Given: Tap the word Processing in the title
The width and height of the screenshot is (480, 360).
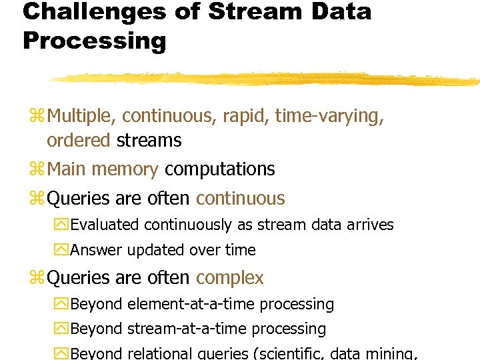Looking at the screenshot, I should (94, 41).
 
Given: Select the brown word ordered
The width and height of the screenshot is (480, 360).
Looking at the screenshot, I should (79, 141).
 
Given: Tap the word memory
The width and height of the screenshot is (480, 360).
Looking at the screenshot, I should (126, 169).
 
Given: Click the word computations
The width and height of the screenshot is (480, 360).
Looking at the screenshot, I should (219, 169).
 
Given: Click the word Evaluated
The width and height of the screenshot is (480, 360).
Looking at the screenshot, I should (105, 225).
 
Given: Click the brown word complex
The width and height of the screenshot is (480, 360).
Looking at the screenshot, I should (230, 277).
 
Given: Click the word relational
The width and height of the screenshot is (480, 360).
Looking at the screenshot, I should (162, 354).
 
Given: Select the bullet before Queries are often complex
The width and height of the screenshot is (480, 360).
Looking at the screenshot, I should (37, 278).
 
